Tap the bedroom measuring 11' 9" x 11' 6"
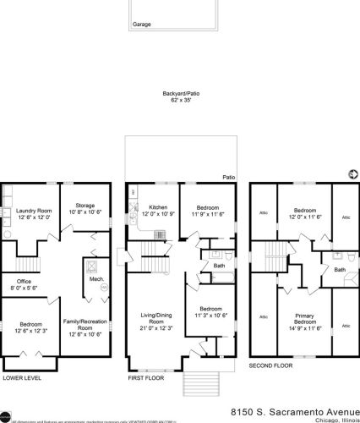[x=208, y=211]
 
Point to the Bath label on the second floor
[x=339, y=270]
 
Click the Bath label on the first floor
[x=218, y=265]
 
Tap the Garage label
[x=142, y=25]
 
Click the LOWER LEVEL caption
[x=22, y=377]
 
